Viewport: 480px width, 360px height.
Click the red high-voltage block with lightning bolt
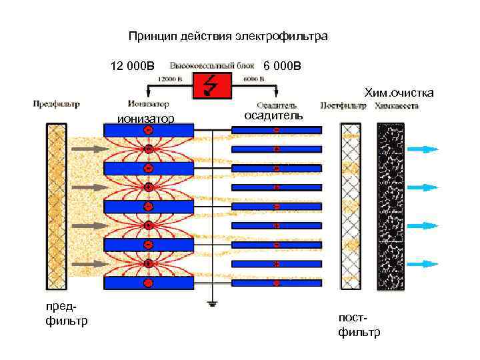(213, 85)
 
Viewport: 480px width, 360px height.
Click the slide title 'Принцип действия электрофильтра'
(228, 37)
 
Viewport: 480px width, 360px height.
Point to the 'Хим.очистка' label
(397, 93)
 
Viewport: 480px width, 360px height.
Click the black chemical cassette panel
(391, 206)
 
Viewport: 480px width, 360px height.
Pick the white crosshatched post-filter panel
(351, 206)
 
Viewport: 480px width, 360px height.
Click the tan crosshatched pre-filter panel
(57, 206)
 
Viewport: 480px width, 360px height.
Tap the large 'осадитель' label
(273, 115)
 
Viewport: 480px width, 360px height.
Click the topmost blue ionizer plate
(149, 130)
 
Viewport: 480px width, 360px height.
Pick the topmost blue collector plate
(277, 130)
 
